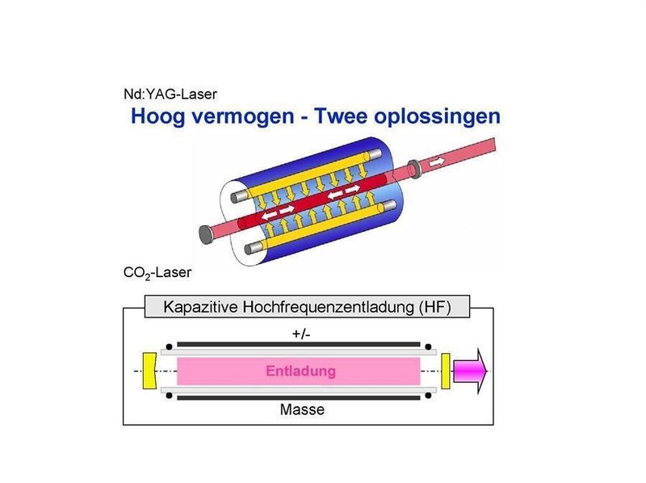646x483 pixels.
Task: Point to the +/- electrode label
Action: click(x=302, y=334)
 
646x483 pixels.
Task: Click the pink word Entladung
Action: click(x=300, y=372)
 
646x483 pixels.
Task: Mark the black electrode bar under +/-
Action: click(x=302, y=345)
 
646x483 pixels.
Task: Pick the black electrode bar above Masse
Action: click(x=302, y=397)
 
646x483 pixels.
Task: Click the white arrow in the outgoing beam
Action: click(x=436, y=162)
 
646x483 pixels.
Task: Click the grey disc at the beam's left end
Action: click(x=205, y=233)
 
